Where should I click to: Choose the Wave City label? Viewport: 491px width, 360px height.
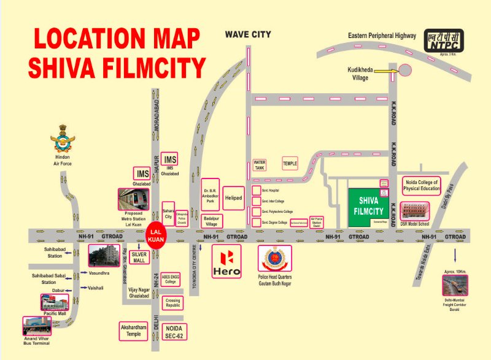pyautogui.click(x=247, y=34)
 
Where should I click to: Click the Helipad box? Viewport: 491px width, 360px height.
pyautogui.click(x=233, y=198)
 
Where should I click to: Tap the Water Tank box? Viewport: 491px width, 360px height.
pyautogui.click(x=260, y=166)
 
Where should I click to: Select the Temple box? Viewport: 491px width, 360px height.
pyautogui.click(x=290, y=164)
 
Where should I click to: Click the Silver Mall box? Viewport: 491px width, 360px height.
pyautogui.click(x=139, y=258)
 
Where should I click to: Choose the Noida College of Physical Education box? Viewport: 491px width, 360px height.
pyautogui.click(x=422, y=185)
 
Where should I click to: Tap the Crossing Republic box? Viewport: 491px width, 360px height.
pyautogui.click(x=172, y=302)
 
